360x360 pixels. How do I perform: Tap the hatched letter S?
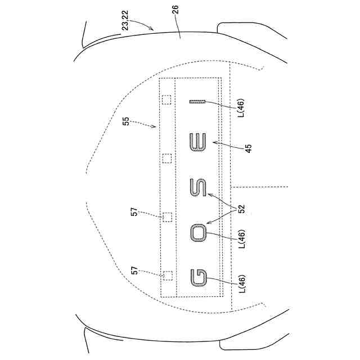199,187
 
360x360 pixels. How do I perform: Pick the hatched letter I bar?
197,102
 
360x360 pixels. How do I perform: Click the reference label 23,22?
125,20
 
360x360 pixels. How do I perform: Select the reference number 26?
175,10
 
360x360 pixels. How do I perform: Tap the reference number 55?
126,121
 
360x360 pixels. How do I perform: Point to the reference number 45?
249,148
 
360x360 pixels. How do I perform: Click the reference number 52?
242,209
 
